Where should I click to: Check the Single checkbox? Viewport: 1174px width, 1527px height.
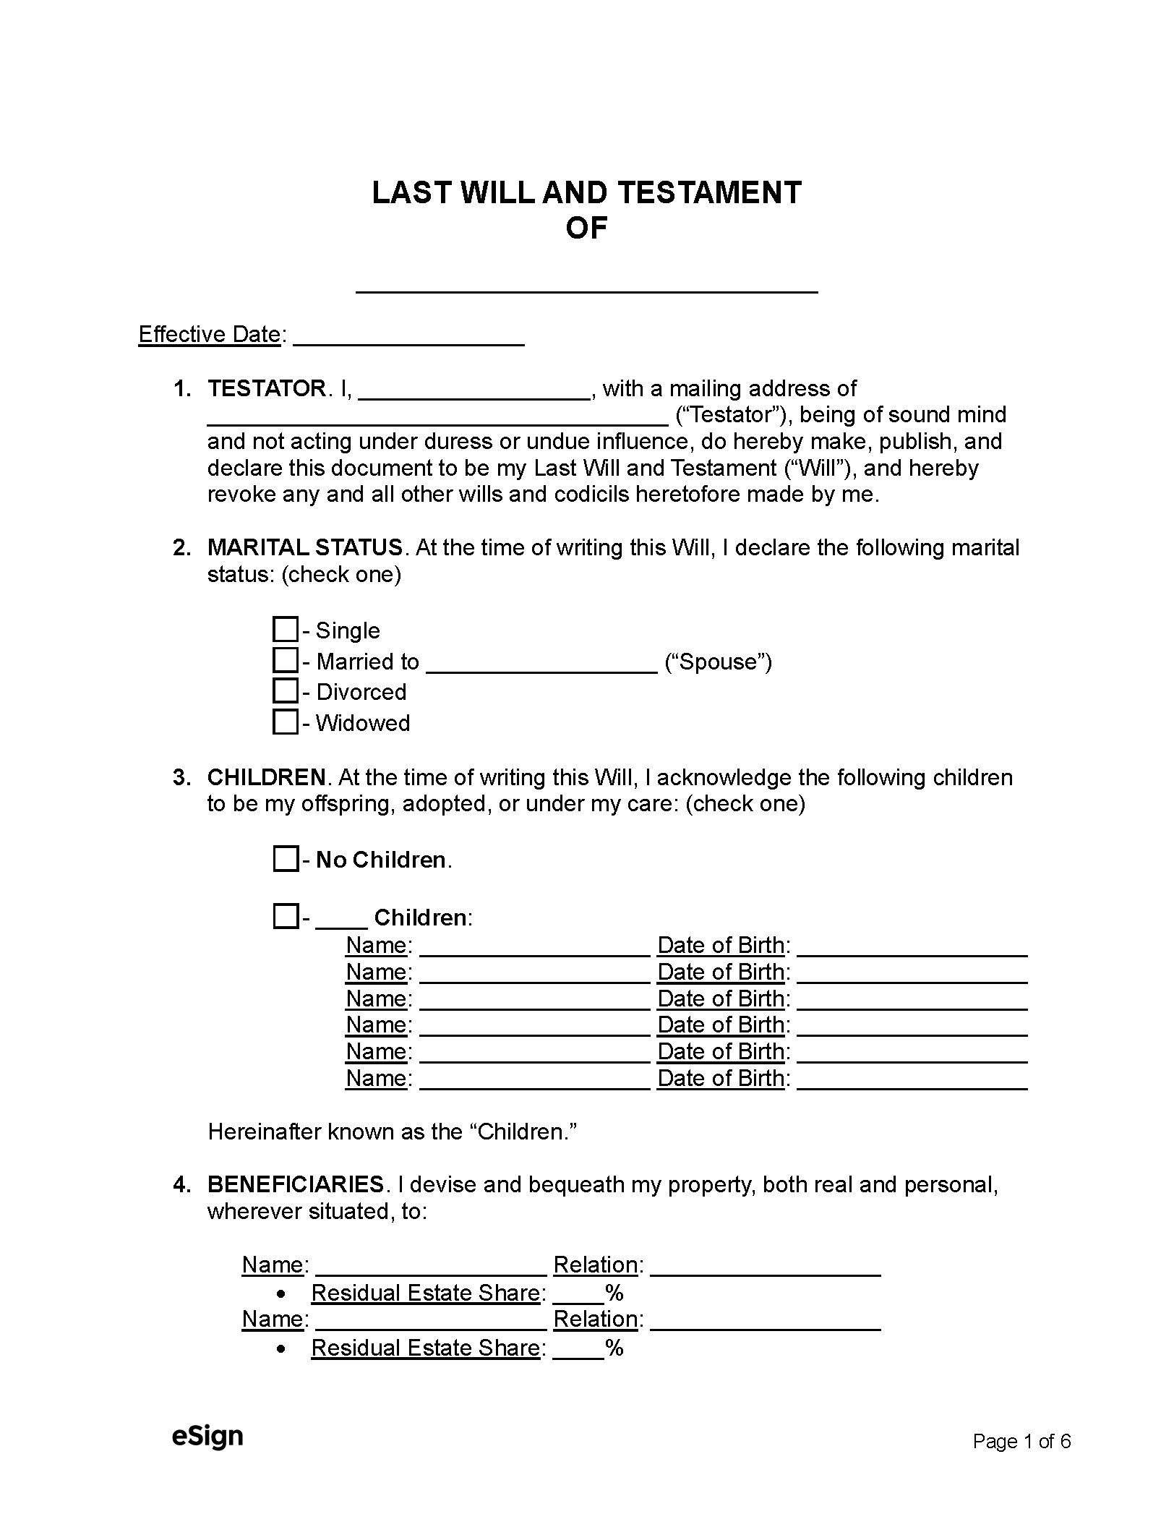click(x=286, y=629)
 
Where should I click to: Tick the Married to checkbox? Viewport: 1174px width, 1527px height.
click(x=286, y=660)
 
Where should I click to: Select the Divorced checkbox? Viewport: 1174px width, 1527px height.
click(x=286, y=691)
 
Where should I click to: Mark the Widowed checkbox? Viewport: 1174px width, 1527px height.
click(x=286, y=722)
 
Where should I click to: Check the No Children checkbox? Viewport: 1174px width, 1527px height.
click(x=286, y=859)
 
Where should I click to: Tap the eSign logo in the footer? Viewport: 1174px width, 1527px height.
click(x=207, y=1436)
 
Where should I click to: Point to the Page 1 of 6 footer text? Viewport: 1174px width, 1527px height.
click(x=1021, y=1442)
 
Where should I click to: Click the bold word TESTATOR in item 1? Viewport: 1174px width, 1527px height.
click(x=267, y=389)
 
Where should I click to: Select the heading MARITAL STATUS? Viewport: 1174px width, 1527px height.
click(x=304, y=547)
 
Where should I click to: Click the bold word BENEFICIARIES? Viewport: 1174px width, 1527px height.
click(x=295, y=1184)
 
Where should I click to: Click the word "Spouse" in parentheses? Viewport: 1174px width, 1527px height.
click(x=718, y=662)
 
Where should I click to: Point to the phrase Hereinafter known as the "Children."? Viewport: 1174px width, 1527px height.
click(x=392, y=1132)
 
